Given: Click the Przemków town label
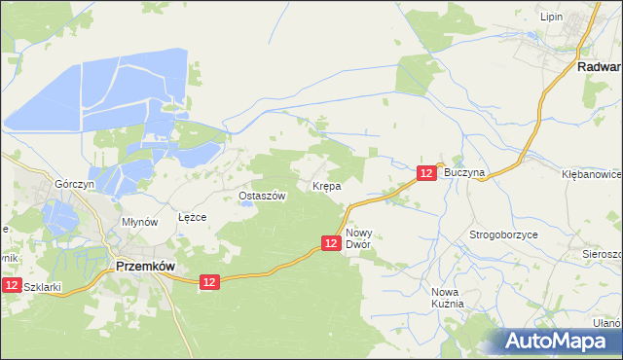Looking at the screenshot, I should click(145, 264).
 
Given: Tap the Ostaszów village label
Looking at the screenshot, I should click(262, 196).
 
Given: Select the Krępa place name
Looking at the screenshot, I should click(325, 185).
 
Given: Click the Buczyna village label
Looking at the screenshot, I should click(463, 171).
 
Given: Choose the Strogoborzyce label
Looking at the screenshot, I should click(504, 235).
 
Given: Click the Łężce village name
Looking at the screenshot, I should click(192, 217).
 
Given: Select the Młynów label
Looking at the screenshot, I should click(139, 222).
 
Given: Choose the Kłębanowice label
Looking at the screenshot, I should click(592, 173).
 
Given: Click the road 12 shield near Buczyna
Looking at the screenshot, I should click(426, 172).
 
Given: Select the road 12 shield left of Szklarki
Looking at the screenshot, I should click(10, 285).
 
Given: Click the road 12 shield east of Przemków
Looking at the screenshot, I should click(209, 282).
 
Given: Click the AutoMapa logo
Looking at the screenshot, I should click(558, 341).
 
